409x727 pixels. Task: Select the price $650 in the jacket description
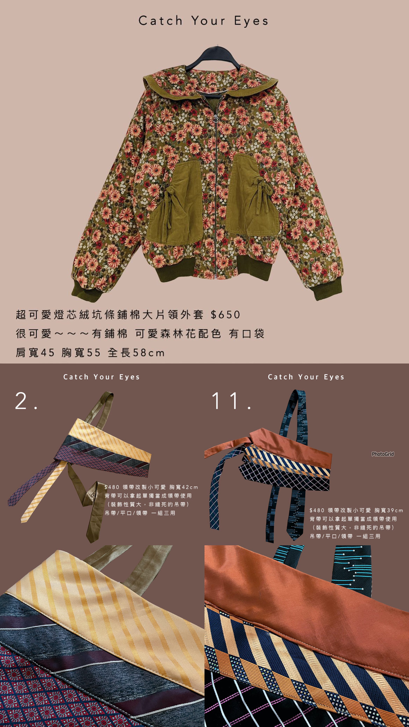coord(225,315)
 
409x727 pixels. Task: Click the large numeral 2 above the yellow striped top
coord(21,401)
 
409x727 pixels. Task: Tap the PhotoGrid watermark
coord(383,454)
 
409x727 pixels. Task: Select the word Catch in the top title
coord(160,21)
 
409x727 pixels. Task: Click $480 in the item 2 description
coord(112,487)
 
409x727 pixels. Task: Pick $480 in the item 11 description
coord(317,510)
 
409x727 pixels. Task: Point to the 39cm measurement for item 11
coord(395,510)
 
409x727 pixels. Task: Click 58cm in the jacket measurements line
coord(149,353)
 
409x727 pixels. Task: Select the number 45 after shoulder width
coord(48,353)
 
